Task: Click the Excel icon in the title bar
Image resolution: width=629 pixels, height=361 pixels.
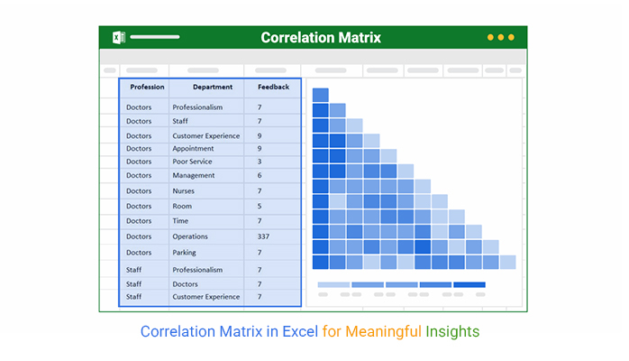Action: coord(119,37)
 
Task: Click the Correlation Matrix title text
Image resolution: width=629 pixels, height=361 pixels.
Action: coord(321,38)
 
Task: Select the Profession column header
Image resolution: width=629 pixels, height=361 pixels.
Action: coord(147,87)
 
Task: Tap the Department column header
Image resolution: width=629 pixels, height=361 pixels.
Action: coord(213,87)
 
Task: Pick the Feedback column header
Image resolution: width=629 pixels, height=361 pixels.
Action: coord(274,87)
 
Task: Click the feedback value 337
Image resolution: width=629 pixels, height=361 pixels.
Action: coord(263,236)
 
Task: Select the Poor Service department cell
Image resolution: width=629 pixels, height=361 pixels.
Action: coord(192,162)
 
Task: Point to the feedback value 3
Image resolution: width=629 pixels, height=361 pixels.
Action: coord(260,162)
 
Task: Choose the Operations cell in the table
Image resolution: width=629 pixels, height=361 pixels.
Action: coord(190,236)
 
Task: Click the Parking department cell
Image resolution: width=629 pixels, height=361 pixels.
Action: coord(184,253)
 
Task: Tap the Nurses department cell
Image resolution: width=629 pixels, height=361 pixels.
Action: coord(183,191)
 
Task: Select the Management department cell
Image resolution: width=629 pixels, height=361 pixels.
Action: coord(194,175)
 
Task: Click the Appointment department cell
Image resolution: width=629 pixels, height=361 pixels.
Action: coord(193,149)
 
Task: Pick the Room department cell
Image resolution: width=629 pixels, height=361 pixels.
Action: coord(182,206)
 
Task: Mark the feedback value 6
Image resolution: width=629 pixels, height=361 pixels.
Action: coord(260,175)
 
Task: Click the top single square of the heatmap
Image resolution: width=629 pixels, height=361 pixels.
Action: coord(321,95)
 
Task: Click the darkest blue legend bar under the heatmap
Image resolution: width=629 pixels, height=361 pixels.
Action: coord(469,284)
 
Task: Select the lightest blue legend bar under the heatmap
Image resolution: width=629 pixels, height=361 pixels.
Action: coord(333,284)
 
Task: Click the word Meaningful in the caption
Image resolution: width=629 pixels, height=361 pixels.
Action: coord(383,332)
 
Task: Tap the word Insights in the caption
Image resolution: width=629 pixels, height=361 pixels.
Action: coord(452,332)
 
